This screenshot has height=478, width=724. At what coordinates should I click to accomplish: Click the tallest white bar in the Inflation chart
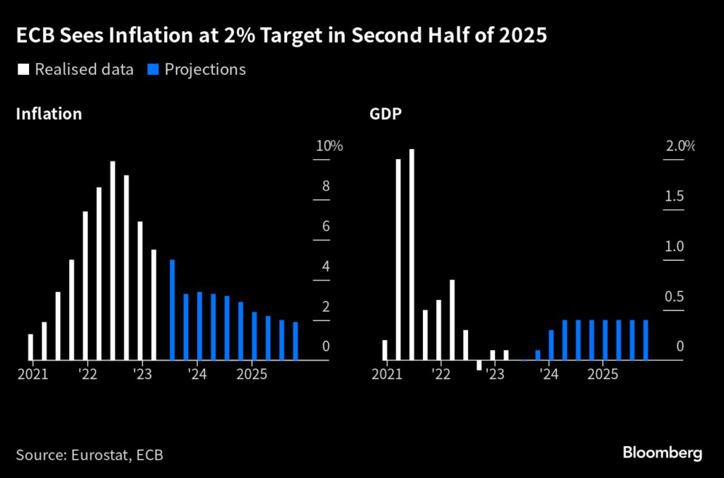(112, 261)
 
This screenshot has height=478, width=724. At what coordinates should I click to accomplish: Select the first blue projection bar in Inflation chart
(172, 310)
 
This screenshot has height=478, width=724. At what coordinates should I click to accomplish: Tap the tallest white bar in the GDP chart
(411, 255)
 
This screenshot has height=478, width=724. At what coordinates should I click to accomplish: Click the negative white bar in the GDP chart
(479, 366)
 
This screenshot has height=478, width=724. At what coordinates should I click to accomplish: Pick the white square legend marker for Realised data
(22, 69)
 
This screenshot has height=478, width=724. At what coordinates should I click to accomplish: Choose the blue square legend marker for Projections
(152, 69)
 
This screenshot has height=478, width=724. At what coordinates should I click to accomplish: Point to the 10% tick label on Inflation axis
(329, 147)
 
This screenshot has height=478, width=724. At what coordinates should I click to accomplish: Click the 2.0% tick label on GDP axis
(680, 147)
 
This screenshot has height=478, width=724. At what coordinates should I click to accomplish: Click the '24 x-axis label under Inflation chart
(197, 373)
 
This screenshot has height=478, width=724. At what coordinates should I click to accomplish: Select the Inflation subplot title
(49, 114)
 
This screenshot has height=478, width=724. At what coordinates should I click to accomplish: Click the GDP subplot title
(384, 114)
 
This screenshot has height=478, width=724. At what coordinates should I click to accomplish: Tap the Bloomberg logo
(662, 453)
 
